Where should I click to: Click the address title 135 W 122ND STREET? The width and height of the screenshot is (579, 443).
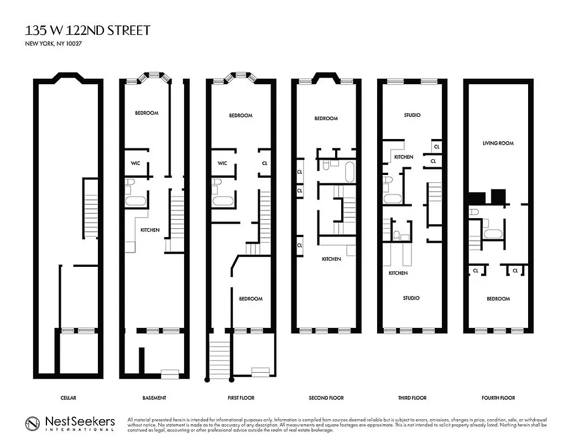coord(87,30)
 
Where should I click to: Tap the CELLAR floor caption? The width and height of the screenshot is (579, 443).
coord(68,398)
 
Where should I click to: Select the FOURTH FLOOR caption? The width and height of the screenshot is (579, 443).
coord(498,398)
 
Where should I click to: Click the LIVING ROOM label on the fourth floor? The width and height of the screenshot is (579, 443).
coord(498,143)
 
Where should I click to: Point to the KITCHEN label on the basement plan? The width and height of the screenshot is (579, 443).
coord(149,230)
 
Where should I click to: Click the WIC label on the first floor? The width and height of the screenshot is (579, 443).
coord(222,163)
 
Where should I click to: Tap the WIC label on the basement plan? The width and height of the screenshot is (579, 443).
coord(135,163)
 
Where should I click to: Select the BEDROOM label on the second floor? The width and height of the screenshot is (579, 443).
coord(326,119)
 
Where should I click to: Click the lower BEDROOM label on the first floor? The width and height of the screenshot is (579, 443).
coord(251,299)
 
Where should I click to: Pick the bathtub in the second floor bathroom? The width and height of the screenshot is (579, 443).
coord(350,172)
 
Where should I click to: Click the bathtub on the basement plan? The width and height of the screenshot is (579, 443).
coord(135,200)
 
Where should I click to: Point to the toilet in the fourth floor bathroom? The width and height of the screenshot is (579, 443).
coord(474,212)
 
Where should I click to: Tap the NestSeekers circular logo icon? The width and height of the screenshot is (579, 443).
coord(33,424)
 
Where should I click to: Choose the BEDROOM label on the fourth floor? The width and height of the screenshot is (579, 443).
coord(498,299)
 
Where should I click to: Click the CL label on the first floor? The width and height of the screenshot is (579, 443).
coord(265,163)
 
